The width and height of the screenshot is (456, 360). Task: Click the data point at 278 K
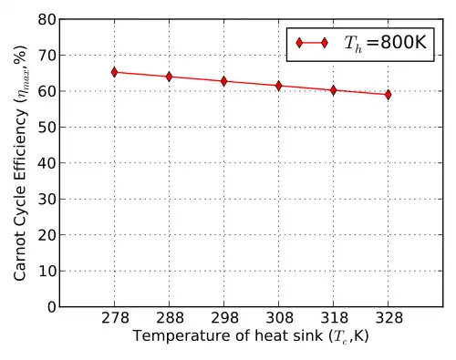[114, 72]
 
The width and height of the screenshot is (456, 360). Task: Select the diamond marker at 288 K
[169, 77]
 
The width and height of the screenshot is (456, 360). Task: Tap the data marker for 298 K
[224, 81]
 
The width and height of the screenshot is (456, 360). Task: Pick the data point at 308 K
[279, 86]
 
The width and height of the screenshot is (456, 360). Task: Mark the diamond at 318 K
[334, 90]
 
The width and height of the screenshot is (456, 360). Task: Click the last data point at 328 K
[388, 95]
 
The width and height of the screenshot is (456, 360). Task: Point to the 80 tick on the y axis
[47, 20]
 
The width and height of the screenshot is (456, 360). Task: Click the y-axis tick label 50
[47, 128]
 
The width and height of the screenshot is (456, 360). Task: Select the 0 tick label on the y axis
[52, 307]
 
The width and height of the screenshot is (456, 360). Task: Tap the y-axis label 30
[47, 200]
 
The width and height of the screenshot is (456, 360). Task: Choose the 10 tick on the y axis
[47, 271]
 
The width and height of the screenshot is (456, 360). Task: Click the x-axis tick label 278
[115, 318]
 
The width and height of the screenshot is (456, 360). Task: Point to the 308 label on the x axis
[279, 318]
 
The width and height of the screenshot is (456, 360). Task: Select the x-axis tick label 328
[389, 318]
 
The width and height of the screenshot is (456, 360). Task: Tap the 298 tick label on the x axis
[224, 318]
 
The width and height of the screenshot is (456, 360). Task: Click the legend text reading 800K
[403, 42]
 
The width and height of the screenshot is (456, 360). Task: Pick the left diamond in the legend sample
[299, 43]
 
